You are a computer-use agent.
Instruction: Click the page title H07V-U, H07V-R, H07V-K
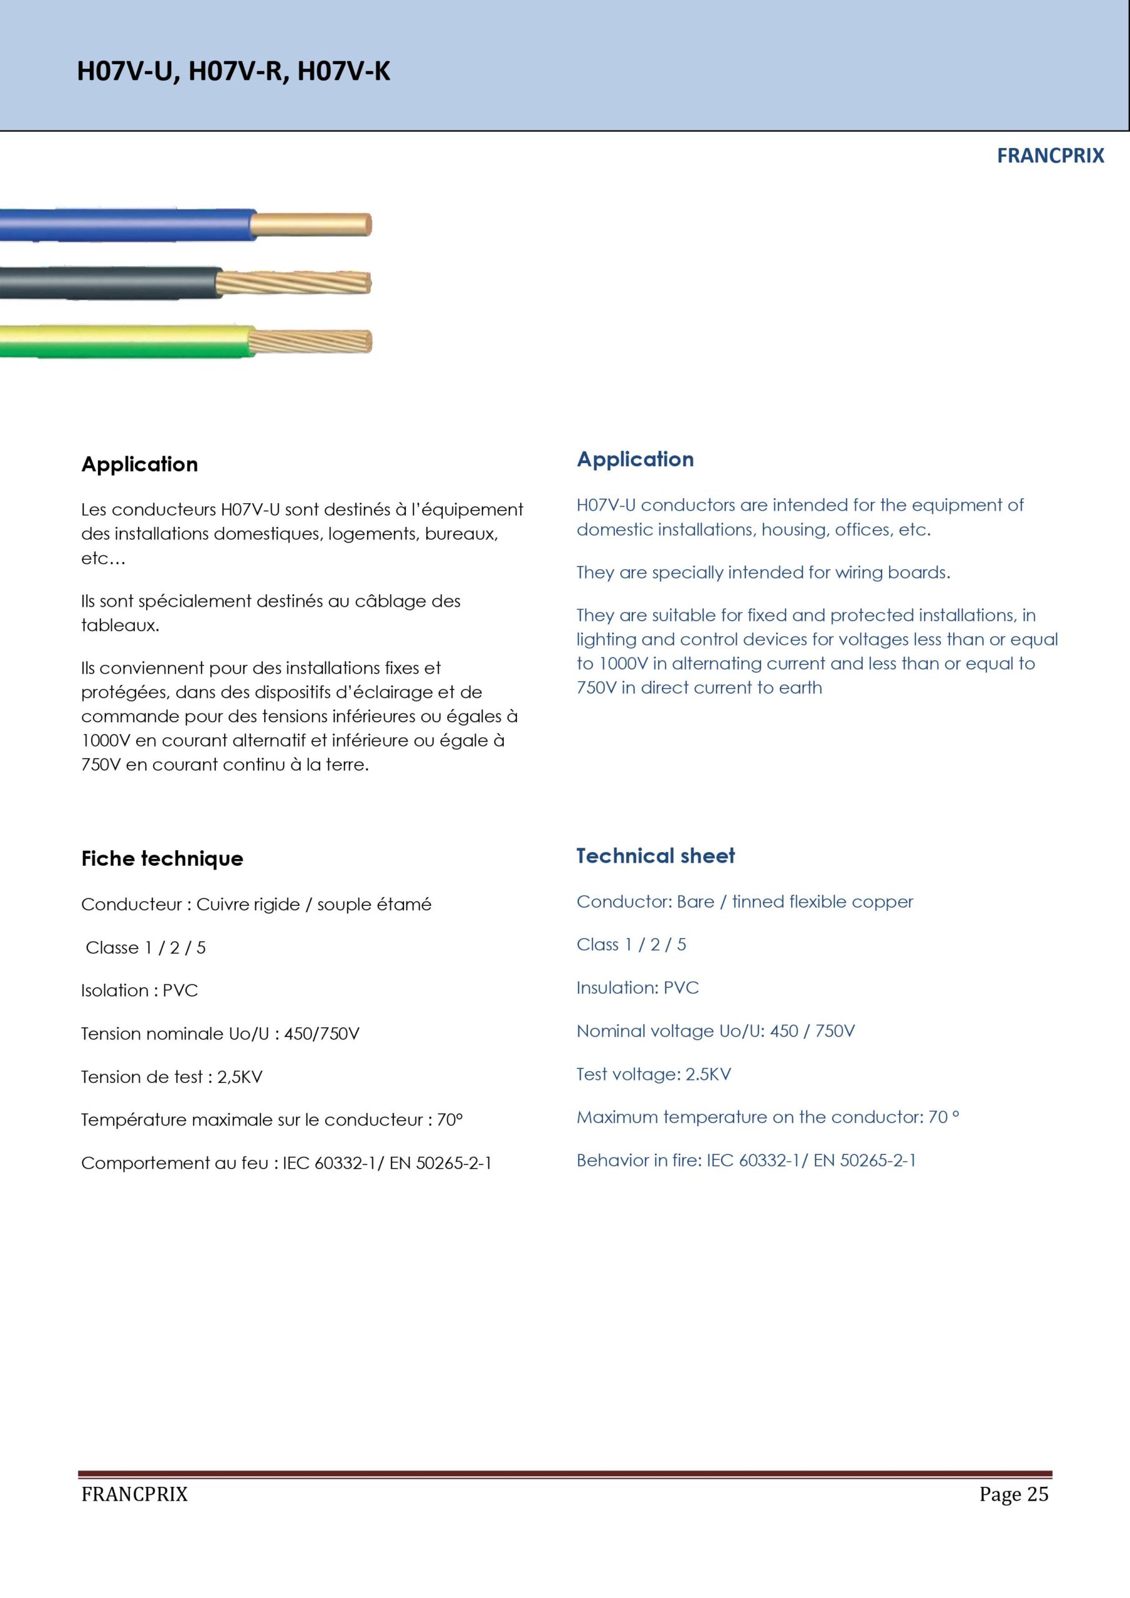[233, 72]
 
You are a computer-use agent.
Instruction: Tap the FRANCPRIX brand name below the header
[1050, 156]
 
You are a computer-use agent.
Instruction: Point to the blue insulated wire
[125, 225]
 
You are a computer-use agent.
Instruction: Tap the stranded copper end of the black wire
[295, 283]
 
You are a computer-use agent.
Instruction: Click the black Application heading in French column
[139, 464]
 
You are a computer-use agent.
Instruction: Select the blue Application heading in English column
[635, 459]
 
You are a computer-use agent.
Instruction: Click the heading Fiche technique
[162, 859]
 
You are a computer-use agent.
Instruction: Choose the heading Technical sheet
[655, 856]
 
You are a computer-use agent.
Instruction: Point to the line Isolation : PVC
[139, 991]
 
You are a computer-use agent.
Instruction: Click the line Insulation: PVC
[637, 988]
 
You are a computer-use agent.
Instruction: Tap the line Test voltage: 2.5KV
[653, 1074]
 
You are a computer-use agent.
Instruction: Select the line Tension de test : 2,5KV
[171, 1077]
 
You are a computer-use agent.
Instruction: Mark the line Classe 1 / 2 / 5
[145, 947]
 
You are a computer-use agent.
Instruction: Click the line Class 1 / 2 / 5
[631, 944]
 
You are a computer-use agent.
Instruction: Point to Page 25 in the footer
[1013, 1494]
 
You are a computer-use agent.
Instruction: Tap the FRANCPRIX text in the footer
[134, 1494]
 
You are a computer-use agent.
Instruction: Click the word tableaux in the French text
[119, 625]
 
